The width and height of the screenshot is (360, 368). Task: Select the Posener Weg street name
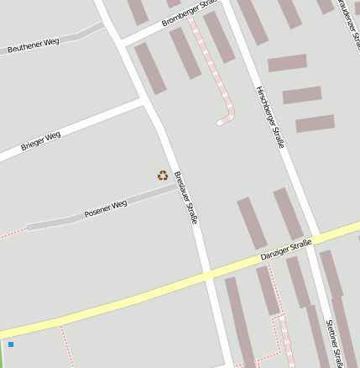(x=106, y=208)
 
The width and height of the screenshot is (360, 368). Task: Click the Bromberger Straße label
(x=190, y=12)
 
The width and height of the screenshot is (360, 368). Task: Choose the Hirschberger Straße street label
(x=269, y=116)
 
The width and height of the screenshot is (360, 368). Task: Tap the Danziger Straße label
(x=285, y=250)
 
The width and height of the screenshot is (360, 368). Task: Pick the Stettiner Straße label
(x=335, y=343)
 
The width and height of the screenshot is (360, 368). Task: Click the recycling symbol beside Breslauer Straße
(x=162, y=176)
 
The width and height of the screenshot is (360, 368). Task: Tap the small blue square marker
(x=11, y=344)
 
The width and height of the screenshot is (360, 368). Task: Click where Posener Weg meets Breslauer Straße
(x=177, y=187)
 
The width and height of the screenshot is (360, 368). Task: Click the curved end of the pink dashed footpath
(x=223, y=121)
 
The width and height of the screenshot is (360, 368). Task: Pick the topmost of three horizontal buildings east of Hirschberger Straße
(x=287, y=63)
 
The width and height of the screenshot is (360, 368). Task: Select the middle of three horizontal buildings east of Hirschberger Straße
(x=302, y=95)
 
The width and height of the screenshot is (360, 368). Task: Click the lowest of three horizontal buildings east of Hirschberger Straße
(x=315, y=124)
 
